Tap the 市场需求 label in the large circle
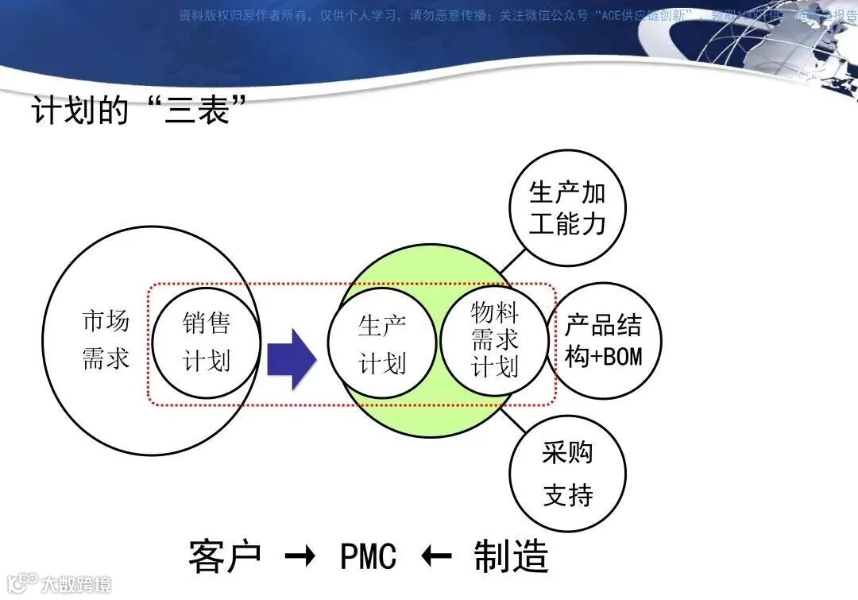point(105,340)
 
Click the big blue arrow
point(291,359)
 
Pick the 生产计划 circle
point(382,344)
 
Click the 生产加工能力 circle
point(567,208)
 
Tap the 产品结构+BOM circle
point(603,342)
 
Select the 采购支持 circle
point(567,474)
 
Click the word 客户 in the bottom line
point(225,556)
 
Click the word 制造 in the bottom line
point(511,556)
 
